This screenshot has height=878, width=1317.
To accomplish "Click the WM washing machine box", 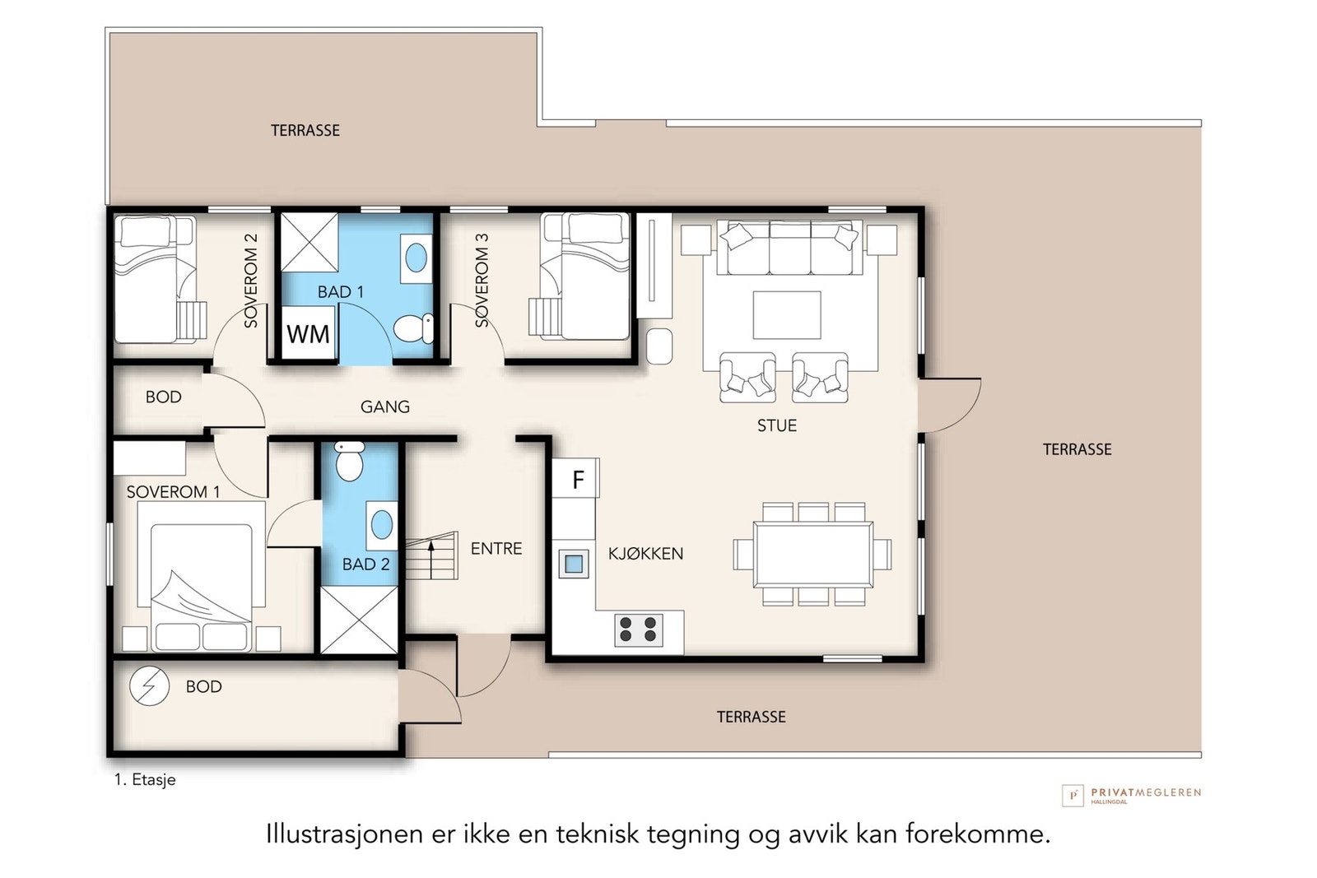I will pos(308,333).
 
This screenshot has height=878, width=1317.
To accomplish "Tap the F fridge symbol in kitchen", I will pos(577,479).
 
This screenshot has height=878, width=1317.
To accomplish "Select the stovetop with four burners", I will pos(639,629).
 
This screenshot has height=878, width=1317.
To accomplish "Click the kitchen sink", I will pos(574,564).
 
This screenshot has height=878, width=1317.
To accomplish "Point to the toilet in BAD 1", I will pos(414,328).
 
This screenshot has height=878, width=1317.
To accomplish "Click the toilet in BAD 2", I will pos(350,461).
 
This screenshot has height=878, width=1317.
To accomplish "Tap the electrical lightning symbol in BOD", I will pos(150,685).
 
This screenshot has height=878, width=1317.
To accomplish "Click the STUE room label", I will pos(776,425).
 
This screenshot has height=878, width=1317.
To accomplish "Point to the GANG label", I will pos(384,406).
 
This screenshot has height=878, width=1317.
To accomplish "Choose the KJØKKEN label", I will pos(645,554).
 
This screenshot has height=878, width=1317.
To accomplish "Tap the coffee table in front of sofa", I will pos(786,314).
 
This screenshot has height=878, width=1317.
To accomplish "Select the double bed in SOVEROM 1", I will pos(201,576).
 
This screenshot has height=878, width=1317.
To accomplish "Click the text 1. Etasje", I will pos(145,779).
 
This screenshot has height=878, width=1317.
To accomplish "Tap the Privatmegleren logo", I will pos(1131,794).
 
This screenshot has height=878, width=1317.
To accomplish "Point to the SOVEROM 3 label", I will pos(482,280).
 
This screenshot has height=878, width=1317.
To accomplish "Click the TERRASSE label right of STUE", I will pos(1077,449).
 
